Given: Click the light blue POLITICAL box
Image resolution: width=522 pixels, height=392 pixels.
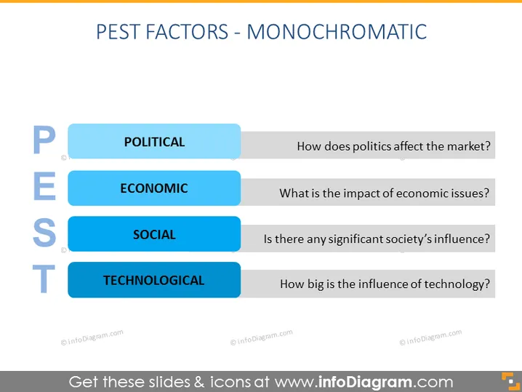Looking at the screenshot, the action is (154, 141).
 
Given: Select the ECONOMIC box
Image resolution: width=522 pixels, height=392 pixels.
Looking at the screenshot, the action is (154, 188).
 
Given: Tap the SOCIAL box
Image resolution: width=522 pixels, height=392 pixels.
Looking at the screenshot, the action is (154, 233).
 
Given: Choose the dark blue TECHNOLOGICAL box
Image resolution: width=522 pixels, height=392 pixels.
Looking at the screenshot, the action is (154, 280).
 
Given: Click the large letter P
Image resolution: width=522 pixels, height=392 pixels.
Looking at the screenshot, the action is (44, 140).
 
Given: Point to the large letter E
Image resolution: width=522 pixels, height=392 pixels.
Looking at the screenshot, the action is (44, 186).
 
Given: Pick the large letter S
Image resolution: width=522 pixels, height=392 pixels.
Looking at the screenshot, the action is (44, 233).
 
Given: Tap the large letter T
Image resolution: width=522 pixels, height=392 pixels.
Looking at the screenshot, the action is (44, 279).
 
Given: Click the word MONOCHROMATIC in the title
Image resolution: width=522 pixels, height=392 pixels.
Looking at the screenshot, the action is (337, 32).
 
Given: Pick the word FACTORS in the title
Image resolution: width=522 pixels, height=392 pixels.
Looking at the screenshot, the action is (187, 32).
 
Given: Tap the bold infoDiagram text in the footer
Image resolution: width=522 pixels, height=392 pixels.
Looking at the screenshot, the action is (365, 382).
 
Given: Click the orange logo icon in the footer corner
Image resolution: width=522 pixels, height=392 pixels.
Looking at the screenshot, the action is (510, 381).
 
